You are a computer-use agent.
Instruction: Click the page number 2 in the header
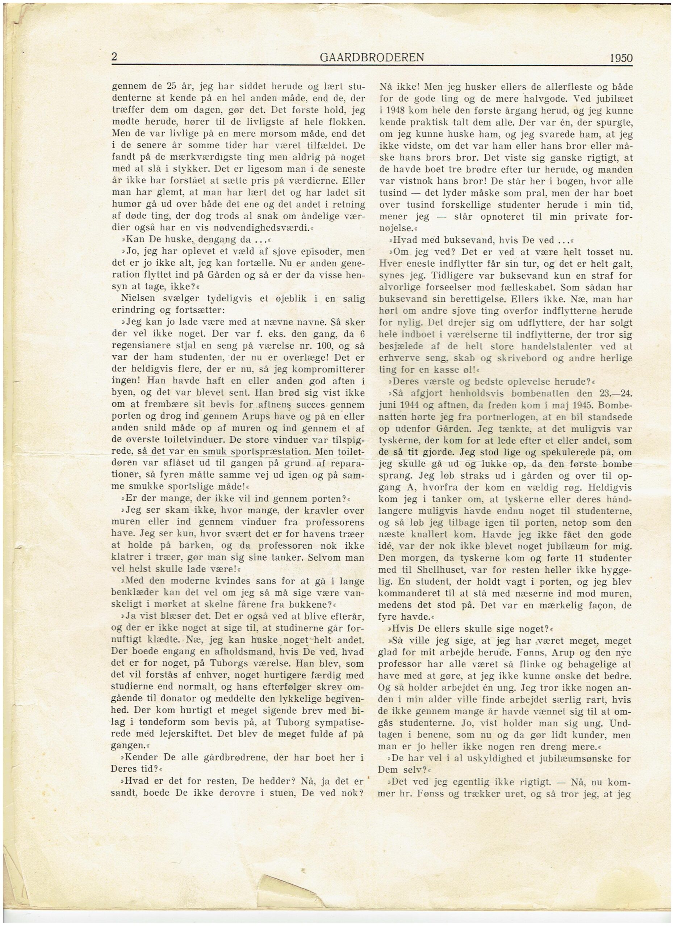[x=114, y=57]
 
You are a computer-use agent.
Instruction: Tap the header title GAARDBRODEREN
[x=372, y=58]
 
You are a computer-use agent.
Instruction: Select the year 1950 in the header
[x=620, y=58]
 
